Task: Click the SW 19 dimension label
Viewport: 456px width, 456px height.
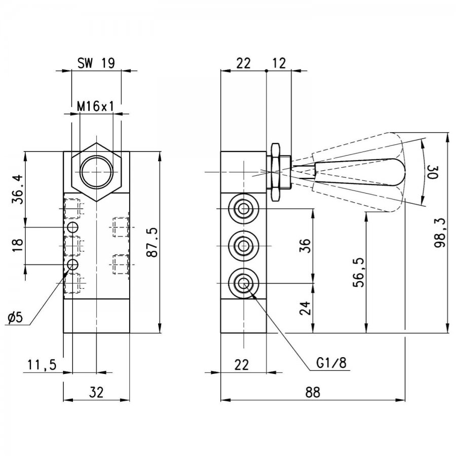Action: (96, 63)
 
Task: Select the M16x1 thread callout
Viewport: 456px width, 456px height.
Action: (95, 106)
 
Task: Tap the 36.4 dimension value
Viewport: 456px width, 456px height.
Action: (17, 189)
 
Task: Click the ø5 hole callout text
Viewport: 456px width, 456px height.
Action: (15, 318)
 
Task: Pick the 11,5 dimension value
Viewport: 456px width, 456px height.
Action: (42, 364)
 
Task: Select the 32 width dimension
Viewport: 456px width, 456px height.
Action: (96, 392)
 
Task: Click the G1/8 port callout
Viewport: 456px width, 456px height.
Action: (331, 363)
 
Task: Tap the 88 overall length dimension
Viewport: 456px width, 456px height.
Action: (313, 392)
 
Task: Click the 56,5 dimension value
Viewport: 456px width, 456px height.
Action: (359, 272)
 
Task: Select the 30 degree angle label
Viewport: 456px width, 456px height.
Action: (433, 172)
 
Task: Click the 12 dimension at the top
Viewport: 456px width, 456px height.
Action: (279, 63)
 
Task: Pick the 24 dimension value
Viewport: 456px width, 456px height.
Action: (305, 308)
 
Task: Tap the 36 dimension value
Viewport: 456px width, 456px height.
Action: (305, 245)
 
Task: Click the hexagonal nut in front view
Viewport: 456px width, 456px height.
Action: (96, 172)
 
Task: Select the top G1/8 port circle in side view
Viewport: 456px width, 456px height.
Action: (244, 208)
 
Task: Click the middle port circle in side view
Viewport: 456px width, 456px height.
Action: (244, 246)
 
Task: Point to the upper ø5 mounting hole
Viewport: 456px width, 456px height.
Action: (72, 227)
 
